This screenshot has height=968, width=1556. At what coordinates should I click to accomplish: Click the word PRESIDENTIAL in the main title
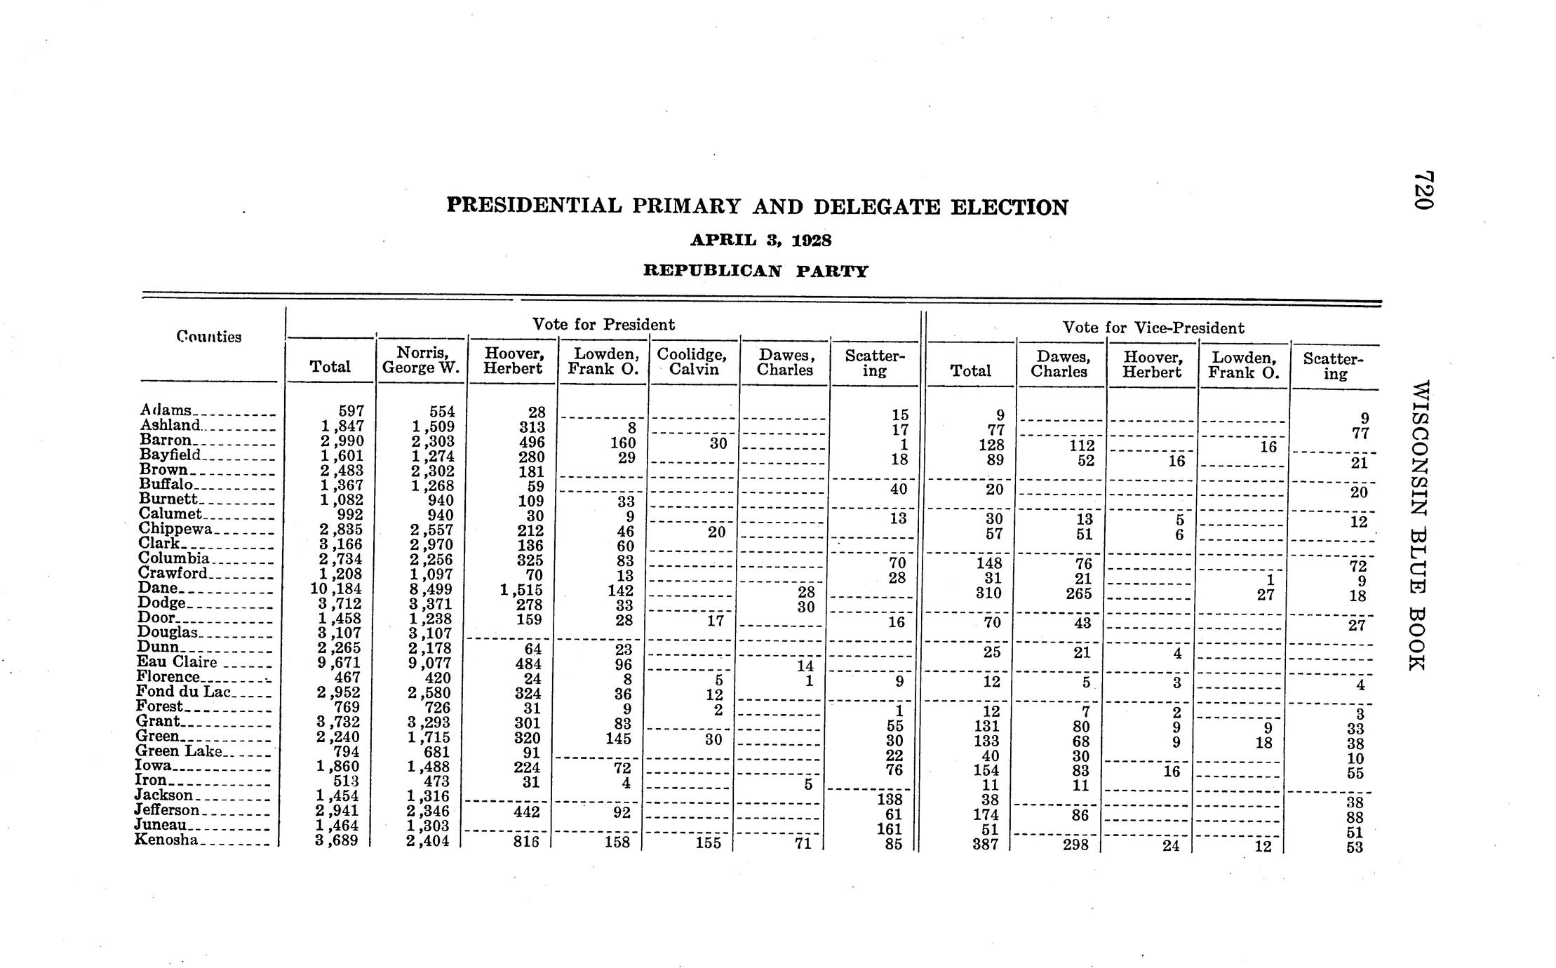pos(534,206)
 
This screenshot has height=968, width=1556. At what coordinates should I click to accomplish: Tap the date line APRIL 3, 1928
pos(760,241)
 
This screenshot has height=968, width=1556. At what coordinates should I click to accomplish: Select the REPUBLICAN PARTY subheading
pos(756,271)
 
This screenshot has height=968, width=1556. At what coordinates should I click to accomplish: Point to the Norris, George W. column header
pos(422,360)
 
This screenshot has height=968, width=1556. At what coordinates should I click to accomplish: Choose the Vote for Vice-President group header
pos(1153,328)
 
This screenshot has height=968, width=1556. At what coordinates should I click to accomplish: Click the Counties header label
pos(209,337)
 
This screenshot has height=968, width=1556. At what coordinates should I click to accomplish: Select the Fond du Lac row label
pos(183,692)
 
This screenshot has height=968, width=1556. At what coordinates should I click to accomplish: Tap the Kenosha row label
pos(166,840)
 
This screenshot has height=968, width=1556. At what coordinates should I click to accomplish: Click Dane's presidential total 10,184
pos(336,589)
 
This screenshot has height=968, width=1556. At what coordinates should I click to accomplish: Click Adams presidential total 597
pos(350,411)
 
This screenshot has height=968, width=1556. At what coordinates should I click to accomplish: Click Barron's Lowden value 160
pos(622,443)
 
